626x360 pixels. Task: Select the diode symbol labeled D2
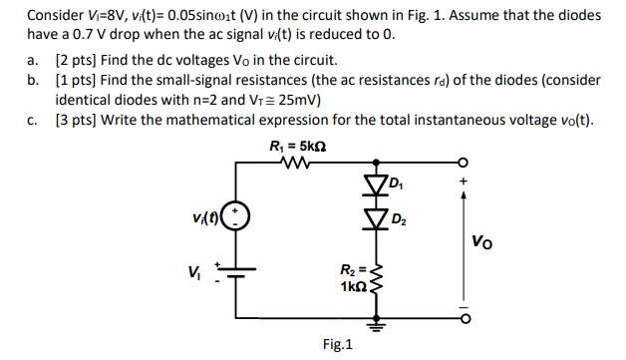[377, 217]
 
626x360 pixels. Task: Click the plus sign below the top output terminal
[461, 182]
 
